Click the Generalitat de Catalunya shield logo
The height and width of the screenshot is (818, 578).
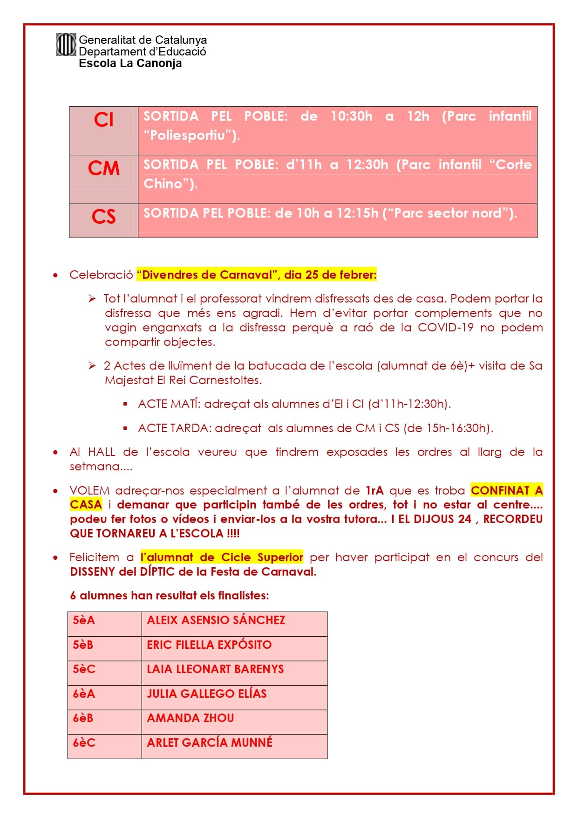[x=66, y=45]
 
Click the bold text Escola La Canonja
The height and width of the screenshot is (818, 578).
[x=130, y=63]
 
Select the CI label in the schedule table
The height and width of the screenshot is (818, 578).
[x=103, y=120]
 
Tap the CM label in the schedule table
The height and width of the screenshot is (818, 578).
[x=103, y=168]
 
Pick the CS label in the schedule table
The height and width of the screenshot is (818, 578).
[x=103, y=217]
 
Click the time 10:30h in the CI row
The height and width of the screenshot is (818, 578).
[x=351, y=116]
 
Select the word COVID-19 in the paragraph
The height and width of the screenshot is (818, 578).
[x=445, y=327]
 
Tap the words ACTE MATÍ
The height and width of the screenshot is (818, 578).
[x=169, y=404]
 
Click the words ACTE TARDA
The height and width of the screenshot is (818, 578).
[x=173, y=428]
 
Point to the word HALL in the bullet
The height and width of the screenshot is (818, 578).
[x=101, y=452]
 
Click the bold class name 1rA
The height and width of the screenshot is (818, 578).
[x=374, y=490]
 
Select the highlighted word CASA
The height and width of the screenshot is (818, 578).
[x=86, y=504]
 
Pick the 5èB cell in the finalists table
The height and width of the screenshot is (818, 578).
[x=83, y=645]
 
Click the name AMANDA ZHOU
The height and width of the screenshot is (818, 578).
[x=190, y=718]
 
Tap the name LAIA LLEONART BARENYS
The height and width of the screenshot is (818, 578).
[x=215, y=669]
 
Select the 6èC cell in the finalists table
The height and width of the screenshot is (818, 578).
[x=84, y=742]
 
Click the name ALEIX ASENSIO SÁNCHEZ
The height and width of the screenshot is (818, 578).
[x=216, y=620]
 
